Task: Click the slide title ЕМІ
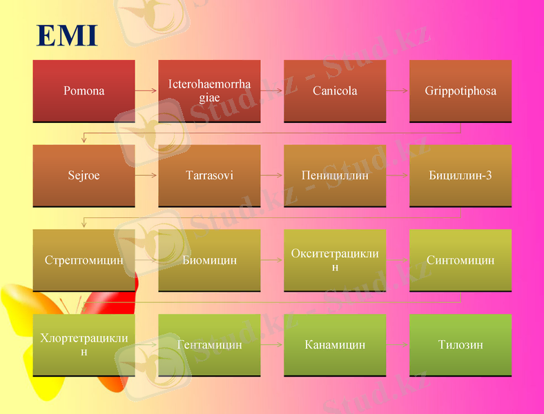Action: point(67,36)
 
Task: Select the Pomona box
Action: point(84,91)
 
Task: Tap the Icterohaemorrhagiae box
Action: point(209,91)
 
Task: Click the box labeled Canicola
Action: point(335,91)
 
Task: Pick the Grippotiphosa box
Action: point(460,91)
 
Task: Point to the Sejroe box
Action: point(84,175)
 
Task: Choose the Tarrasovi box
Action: point(209,175)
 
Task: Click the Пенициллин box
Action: point(335,175)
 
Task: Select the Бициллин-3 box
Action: point(460,175)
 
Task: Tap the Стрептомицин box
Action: point(84,260)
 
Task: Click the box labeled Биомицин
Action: point(209,260)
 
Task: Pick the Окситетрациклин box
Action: point(335,260)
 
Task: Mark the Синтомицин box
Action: point(460,260)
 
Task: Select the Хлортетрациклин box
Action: point(84,345)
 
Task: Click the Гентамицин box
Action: point(209,345)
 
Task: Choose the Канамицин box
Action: point(335,345)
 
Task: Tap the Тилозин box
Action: point(460,345)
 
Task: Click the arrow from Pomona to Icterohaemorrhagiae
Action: point(146,91)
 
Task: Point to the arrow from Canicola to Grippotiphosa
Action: point(398,91)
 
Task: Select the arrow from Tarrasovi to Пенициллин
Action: point(272,175)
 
